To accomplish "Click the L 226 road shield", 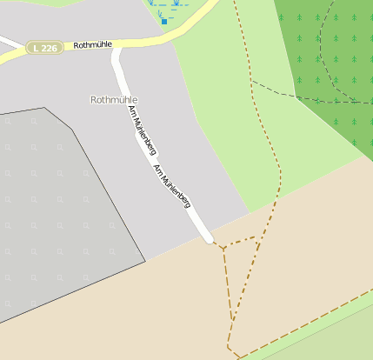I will click(x=44, y=48).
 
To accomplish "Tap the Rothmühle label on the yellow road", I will click(x=93, y=43).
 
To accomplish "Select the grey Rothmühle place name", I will click(x=114, y=100).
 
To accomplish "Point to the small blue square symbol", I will click(x=163, y=20).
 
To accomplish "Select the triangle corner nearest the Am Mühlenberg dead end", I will click(x=223, y=248).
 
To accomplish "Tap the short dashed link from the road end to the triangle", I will click(x=216, y=243).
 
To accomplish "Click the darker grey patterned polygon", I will click(x=61, y=217).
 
